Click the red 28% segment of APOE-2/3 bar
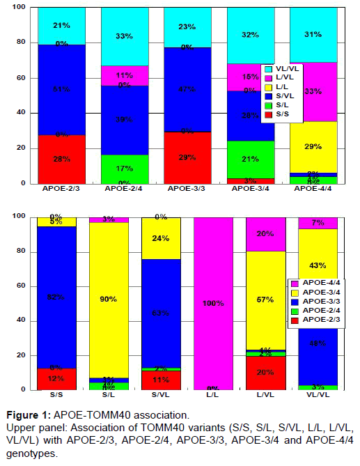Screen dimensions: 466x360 coord(61,159)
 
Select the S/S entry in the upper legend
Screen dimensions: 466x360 coord(281,113)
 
